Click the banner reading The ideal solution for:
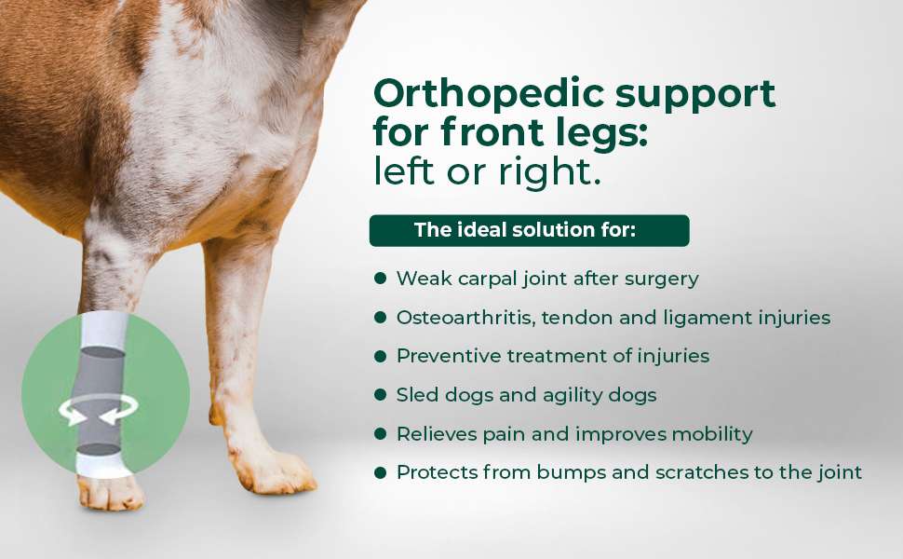530,230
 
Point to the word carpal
487,279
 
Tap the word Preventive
449,356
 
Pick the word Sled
413,395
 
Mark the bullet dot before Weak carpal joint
380,279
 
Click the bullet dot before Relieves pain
380,433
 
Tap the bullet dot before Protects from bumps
380,472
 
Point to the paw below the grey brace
111,493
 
